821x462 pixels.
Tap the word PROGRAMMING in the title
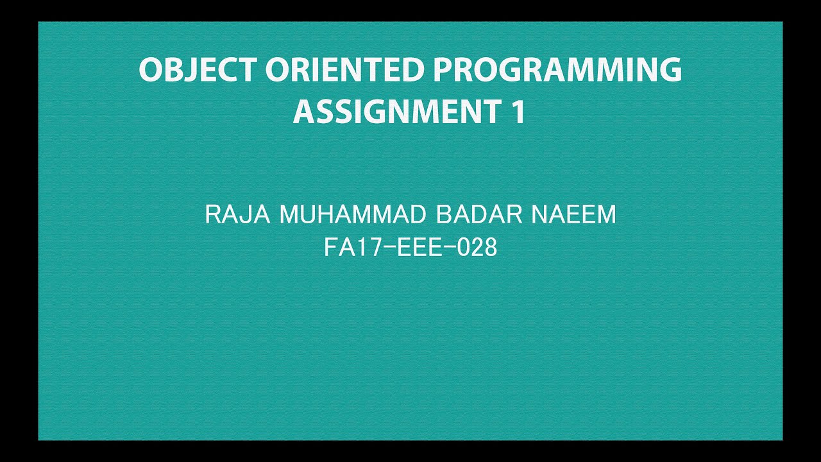click(x=557, y=70)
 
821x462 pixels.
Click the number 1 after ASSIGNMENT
click(x=518, y=112)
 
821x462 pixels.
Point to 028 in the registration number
click(x=477, y=248)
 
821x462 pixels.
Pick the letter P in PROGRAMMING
click(x=443, y=70)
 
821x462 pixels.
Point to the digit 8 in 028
click(x=490, y=248)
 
